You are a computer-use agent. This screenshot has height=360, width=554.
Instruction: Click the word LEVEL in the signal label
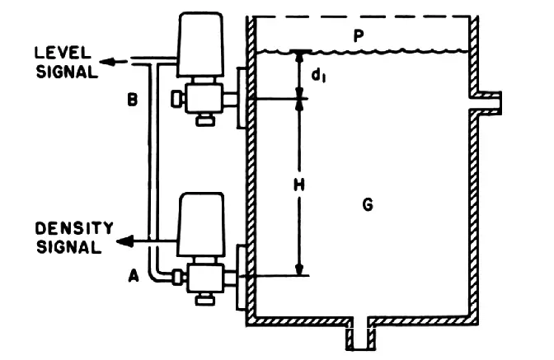63,53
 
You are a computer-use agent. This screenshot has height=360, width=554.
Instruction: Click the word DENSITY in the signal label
74,228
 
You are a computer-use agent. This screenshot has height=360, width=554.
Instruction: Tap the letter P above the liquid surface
359,36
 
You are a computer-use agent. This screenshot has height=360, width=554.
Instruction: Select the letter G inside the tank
368,204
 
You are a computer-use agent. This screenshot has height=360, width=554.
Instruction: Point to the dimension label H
299,185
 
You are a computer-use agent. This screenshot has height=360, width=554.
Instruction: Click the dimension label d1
318,76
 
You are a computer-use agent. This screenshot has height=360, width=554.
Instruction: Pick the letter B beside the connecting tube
132,100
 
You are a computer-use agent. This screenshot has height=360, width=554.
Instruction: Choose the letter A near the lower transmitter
134,276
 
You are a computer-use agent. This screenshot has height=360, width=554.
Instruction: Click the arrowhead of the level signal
107,62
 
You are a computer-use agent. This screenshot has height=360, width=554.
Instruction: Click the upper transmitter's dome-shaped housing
200,44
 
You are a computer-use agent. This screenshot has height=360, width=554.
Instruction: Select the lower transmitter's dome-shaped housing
201,224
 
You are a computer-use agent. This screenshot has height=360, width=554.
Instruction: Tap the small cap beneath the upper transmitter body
205,121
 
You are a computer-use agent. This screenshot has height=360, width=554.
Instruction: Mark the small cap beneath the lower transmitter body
205,300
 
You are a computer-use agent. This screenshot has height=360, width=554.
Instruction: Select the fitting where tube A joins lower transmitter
179,276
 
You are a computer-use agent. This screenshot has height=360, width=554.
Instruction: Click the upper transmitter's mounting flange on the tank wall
242,97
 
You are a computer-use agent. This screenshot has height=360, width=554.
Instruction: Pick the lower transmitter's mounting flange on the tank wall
242,277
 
